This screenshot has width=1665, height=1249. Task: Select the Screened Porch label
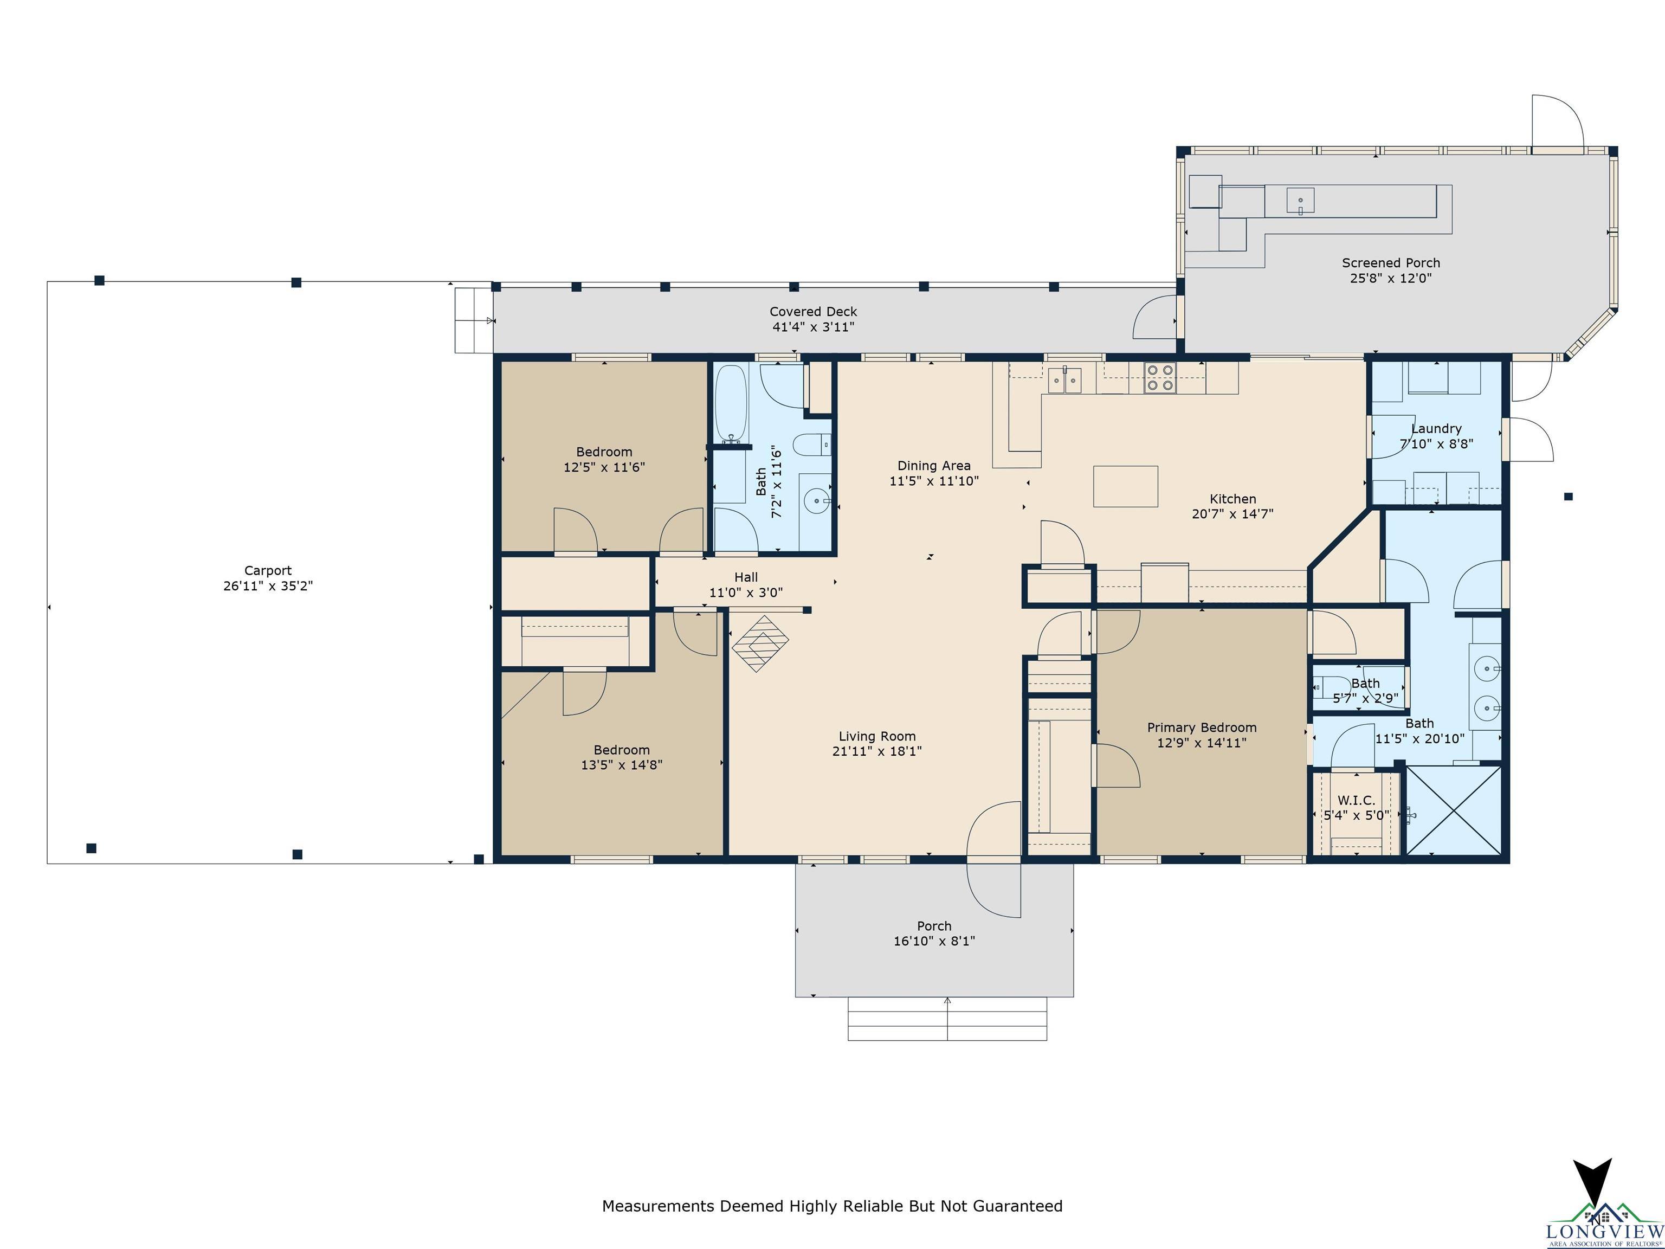tap(1390, 263)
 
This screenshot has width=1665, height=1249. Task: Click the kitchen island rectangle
tap(1125, 486)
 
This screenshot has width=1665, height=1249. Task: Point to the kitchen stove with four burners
tap(1160, 378)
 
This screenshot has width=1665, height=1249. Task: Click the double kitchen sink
tap(1065, 380)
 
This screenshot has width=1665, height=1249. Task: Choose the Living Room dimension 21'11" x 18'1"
tap(877, 751)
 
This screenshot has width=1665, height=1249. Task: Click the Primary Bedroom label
tap(1202, 727)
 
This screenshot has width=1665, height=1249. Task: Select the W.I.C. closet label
tap(1357, 800)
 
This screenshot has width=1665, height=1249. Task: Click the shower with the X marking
tap(1454, 810)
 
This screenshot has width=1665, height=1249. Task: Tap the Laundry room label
tap(1436, 428)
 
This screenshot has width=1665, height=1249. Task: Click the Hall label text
tap(746, 577)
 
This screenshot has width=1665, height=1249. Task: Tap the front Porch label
tap(934, 926)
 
